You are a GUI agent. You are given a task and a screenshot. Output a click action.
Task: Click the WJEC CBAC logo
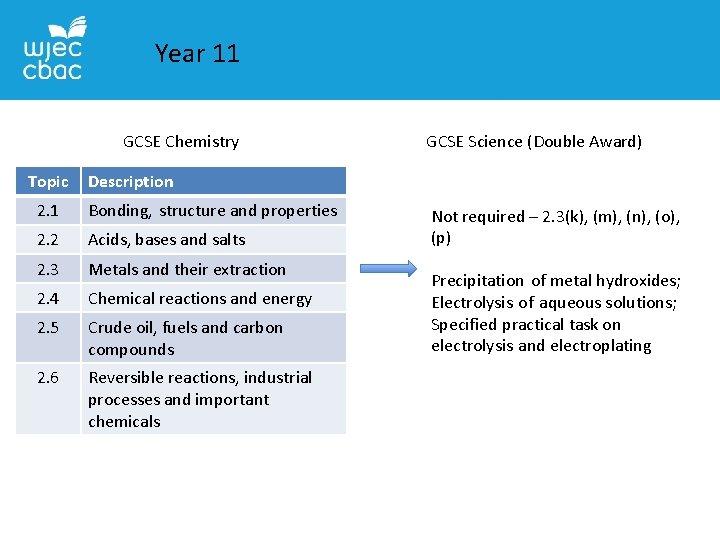(53, 49)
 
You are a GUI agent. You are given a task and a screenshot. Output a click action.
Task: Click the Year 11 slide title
(197, 54)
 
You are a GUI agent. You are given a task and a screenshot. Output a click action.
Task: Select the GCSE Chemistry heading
(181, 142)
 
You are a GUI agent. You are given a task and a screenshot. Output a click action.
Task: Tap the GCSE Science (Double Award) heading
(534, 142)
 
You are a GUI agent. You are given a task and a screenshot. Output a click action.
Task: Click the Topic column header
(48, 181)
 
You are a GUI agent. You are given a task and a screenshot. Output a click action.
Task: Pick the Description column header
(131, 181)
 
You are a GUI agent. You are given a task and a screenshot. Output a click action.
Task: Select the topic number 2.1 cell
(48, 211)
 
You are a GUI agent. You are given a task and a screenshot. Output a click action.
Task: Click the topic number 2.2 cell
(48, 240)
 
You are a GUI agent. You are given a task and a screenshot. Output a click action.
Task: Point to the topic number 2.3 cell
(48, 269)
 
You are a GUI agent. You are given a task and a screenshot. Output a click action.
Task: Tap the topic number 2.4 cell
(48, 298)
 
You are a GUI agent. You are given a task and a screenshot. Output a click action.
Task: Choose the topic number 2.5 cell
(48, 328)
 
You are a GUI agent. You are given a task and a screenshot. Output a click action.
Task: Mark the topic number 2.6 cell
(48, 378)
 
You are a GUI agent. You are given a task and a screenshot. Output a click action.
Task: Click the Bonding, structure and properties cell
(212, 211)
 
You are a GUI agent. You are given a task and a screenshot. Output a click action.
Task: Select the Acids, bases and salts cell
(167, 240)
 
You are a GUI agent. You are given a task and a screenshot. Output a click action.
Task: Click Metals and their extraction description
(187, 269)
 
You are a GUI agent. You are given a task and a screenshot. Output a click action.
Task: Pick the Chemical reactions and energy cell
(200, 298)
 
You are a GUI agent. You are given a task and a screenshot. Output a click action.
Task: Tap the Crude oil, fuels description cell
(185, 338)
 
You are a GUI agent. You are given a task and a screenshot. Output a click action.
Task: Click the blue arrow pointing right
(386, 269)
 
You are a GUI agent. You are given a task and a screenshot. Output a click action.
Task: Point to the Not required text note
(555, 227)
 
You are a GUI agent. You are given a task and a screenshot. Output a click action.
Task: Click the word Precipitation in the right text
(477, 281)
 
